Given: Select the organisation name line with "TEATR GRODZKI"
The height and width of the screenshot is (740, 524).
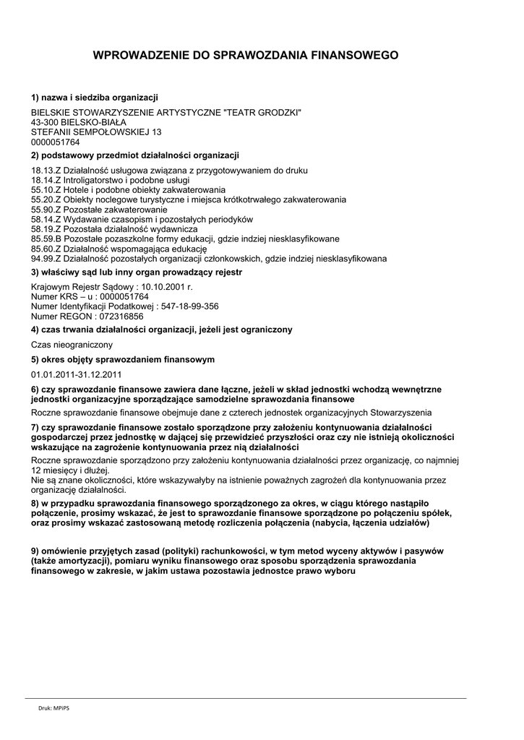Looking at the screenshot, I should tap(166, 112).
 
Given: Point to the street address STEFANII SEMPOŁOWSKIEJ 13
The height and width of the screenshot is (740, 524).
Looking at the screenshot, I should tap(96, 132).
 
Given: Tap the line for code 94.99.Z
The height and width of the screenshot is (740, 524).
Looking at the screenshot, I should tap(208, 258).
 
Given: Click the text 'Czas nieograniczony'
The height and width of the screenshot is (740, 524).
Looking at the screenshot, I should tap(72, 345).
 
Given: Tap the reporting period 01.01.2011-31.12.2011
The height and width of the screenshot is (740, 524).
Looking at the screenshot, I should tap(76, 374).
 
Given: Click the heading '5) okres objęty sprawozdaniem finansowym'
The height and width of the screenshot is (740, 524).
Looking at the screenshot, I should tap(123, 359).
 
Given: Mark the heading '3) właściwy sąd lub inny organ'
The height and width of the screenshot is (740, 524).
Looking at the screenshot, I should tap(137, 272).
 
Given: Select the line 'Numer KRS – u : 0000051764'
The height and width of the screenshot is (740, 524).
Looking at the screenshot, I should tap(90, 297).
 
